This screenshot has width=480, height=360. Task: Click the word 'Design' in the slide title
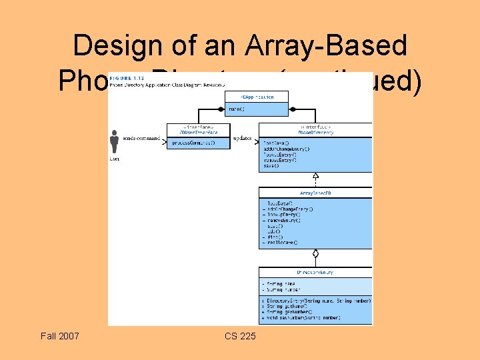tap(117, 45)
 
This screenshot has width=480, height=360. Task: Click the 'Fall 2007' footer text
tap(59, 335)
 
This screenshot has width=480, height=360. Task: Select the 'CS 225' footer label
tap(240, 335)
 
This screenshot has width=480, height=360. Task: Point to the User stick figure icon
tap(114, 141)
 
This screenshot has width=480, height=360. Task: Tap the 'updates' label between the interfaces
tap(244, 139)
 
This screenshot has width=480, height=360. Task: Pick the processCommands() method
tap(194, 143)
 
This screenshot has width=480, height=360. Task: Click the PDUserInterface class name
tap(197, 132)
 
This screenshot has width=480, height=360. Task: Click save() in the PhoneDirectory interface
tap(271, 166)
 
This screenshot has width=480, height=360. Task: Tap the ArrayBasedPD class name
tap(315, 193)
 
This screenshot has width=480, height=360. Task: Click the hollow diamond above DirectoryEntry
tap(316, 253)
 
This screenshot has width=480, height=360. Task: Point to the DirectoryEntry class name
tap(316, 272)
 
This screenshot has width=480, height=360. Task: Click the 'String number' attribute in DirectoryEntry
tap(281, 290)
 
